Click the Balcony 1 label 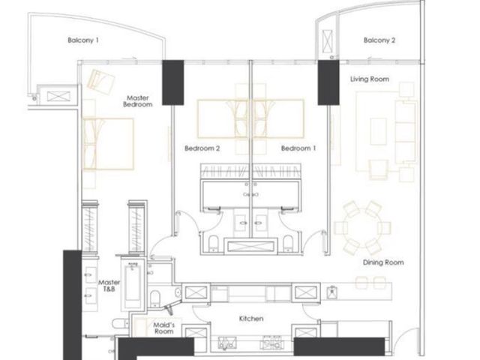tap(83, 40)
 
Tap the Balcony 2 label tap(379, 40)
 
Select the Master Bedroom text tap(138, 101)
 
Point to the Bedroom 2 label tap(202, 148)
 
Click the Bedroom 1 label tap(298, 148)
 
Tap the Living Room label tap(370, 79)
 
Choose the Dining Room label tap(383, 262)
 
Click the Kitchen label tap(251, 319)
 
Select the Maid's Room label tap(163, 328)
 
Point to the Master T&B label tap(109, 285)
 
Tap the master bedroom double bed tap(108, 144)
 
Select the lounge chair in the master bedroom tap(100, 80)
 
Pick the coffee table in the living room tap(378, 132)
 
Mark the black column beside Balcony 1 tap(173, 82)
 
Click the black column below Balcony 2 tap(328, 82)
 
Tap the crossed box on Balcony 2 tap(327, 42)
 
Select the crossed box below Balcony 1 tap(58, 97)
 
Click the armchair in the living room tap(378, 169)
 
